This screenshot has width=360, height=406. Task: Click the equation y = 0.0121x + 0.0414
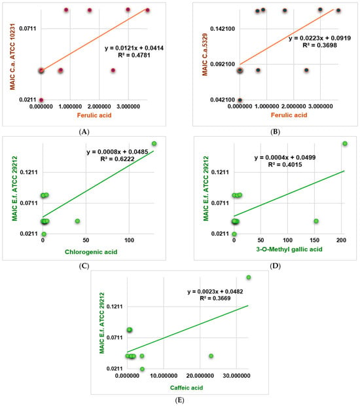pos(134,48)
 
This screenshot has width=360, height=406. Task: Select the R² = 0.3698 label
pos(320,45)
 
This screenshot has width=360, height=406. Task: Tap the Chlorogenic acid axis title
pos(91,252)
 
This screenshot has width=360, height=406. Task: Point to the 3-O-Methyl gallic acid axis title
pos(289,249)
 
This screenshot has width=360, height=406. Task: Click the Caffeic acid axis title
pos(187,388)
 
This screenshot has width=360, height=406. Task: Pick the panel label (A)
pos(84,132)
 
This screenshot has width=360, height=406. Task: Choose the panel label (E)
pos(179,400)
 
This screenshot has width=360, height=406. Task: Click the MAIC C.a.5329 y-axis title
pos(205,54)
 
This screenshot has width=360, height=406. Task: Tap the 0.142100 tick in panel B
pos(223,29)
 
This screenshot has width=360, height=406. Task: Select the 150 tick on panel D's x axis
pos(314,240)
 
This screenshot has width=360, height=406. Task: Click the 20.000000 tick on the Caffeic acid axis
pos(200,376)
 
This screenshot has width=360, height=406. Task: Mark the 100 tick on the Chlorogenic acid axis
pos(129,240)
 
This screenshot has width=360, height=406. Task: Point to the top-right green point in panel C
pos(154,143)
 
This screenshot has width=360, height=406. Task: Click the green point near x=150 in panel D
pos(316,221)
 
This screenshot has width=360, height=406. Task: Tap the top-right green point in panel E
pos(249,277)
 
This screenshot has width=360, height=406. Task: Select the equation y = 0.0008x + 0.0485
pos(118,152)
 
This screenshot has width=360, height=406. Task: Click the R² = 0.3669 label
pos(215,299)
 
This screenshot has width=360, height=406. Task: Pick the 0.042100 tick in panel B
pos(223,100)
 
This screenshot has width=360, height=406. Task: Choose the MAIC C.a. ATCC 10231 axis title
pos(12,57)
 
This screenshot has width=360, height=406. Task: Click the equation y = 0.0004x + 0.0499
pos(285,158)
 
